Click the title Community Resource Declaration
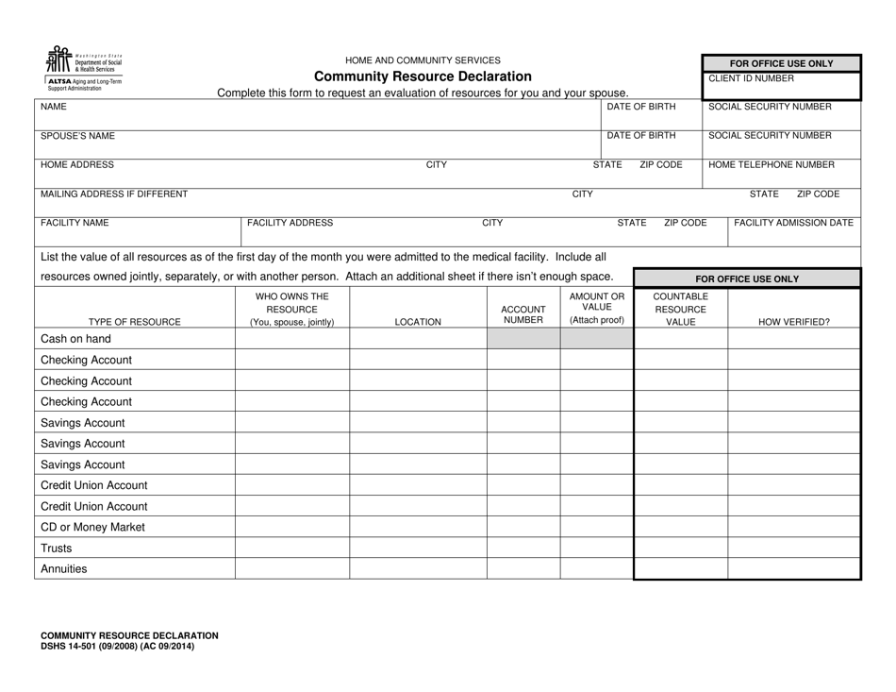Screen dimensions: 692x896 point(423,76)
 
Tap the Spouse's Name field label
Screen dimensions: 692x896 point(77,136)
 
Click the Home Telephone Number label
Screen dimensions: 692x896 point(771,164)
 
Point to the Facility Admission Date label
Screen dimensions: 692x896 point(793,223)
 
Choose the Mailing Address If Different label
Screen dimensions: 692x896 point(113,194)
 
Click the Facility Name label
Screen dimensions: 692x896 point(75,223)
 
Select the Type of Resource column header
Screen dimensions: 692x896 point(135,322)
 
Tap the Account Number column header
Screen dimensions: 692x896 point(523,315)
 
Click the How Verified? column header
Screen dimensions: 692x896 point(794,322)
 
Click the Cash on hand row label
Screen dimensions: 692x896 point(75,339)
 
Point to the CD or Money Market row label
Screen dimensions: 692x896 point(93,527)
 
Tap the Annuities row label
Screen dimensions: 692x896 point(63,568)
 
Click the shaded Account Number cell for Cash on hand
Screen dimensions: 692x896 point(523,339)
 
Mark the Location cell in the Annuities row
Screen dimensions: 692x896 point(418,568)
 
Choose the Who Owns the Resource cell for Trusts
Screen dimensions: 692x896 point(291,548)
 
